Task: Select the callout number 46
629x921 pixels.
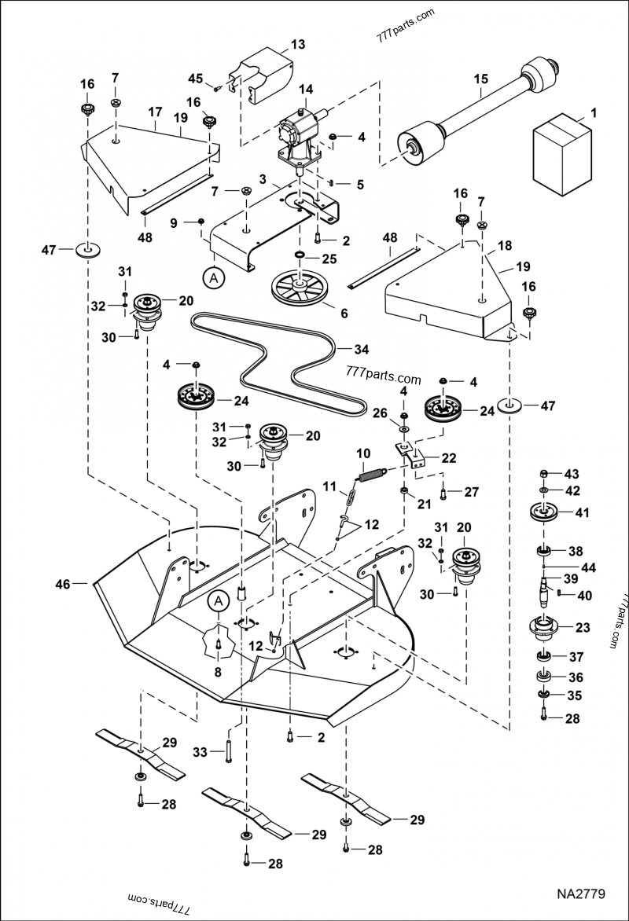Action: click(x=61, y=584)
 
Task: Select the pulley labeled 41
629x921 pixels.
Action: click(x=544, y=515)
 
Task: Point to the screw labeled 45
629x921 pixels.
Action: click(x=217, y=88)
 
